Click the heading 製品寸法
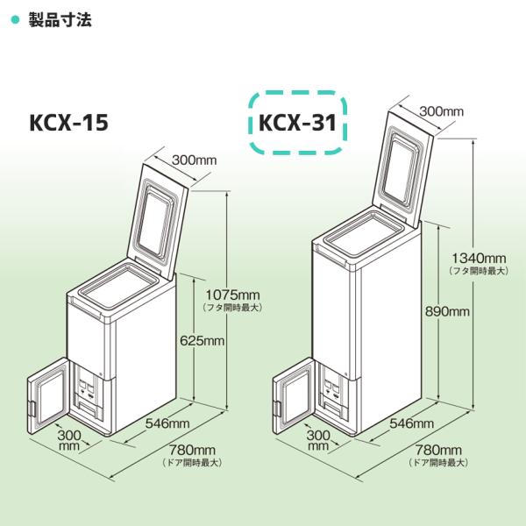(x=60, y=18)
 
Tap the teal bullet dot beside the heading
(x=14, y=18)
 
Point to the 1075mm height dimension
(x=232, y=294)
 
